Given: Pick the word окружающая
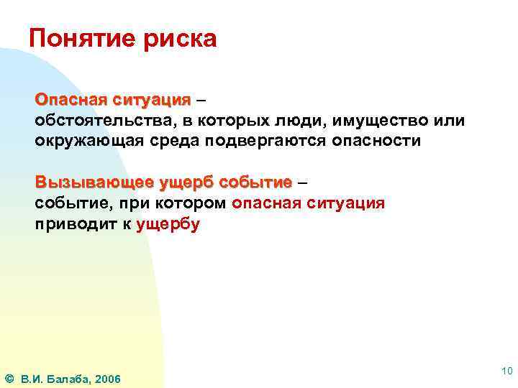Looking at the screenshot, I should (84, 140).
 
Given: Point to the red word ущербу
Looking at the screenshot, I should (168, 223).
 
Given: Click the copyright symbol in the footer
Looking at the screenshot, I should (9, 378).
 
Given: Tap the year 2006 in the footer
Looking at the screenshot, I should (107, 379).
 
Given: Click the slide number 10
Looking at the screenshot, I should (506, 370).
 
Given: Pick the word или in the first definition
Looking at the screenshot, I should (450, 120).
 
